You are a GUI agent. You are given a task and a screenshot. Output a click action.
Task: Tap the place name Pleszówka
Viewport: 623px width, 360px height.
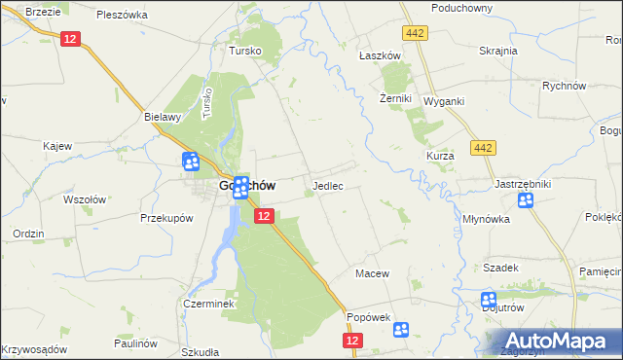pos(122,15)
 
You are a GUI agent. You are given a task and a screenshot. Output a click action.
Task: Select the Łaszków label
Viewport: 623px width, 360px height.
pos(380,56)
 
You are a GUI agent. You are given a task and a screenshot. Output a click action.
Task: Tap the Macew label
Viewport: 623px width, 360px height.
pos(372,273)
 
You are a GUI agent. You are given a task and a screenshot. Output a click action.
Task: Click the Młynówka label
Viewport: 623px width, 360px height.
pos(488,219)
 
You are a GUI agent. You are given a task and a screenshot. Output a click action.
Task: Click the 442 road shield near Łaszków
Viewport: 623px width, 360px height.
pos(417,34)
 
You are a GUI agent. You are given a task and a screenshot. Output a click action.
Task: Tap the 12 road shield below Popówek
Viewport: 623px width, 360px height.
pos(352,341)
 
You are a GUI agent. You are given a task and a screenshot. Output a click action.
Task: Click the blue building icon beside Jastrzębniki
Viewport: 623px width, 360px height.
pos(526,201)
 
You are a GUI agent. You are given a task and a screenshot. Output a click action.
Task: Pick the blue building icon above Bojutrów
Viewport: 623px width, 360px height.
pos(489,301)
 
